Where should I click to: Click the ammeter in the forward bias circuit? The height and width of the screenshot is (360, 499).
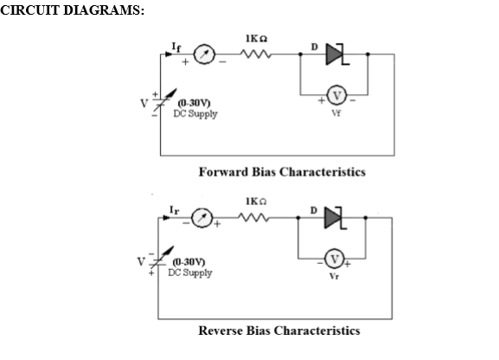coord(204,55)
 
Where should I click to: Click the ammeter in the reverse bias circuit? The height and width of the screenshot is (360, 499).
coord(202,218)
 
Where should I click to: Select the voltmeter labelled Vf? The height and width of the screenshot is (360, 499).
coord(336,95)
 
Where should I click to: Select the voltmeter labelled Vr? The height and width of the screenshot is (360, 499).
coord(334,259)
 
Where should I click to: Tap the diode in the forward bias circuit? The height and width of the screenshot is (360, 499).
coord(336,55)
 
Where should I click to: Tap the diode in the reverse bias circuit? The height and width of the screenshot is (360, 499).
coord(334,218)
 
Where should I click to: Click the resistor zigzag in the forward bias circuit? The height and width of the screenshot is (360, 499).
coord(256,54)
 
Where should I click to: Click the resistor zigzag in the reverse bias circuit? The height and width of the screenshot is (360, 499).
coord(254,217)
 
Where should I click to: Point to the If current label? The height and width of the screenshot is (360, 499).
coord(176,47)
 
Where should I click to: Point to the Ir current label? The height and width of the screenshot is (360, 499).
coord(175,210)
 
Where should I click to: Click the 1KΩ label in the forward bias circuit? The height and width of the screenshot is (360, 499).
coord(257,39)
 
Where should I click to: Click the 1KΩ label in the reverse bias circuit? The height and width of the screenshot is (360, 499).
coord(256,202)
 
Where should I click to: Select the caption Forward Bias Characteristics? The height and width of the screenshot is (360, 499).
coord(282,172)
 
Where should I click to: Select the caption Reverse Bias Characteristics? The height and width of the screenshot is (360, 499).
coord(279,331)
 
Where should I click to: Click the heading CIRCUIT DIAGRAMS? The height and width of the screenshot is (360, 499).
coord(73,10)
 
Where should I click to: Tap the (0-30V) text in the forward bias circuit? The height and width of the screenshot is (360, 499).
coord(194,103)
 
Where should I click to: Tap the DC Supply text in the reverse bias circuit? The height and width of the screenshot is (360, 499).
coord(190,273)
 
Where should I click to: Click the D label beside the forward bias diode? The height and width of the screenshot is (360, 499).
coord(315,47)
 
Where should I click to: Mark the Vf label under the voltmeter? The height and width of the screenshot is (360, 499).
coord(336,112)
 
